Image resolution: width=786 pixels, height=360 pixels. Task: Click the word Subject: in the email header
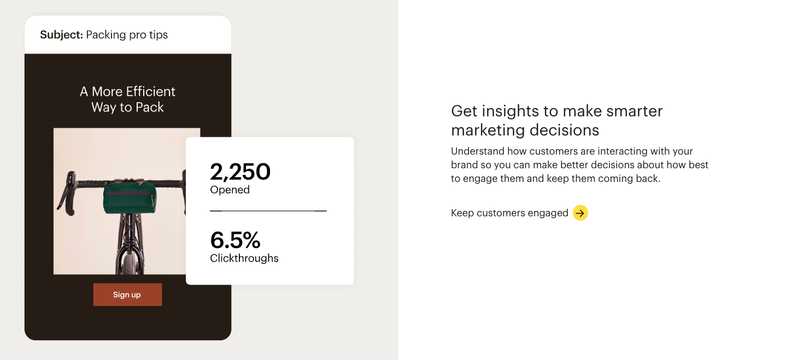pos(61,35)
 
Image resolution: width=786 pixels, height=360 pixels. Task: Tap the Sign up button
pos(128,294)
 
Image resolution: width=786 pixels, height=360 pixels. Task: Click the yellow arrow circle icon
pos(580,213)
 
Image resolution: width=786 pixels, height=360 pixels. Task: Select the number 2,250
pos(240,172)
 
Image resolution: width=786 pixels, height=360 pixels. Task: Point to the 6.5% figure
pos(235,240)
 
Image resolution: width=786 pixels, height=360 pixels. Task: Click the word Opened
pos(230,190)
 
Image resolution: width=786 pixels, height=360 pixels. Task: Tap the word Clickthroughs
pos(244,258)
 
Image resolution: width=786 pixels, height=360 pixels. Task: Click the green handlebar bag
pos(130,197)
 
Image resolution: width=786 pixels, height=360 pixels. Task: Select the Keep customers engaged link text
pos(509,213)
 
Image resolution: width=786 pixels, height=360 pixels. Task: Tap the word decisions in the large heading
pos(564,130)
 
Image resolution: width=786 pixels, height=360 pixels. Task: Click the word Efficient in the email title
pos(150,91)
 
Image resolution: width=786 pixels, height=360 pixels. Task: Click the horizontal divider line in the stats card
pos(268,211)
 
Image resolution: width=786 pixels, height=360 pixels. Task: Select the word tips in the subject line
pos(158,35)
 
